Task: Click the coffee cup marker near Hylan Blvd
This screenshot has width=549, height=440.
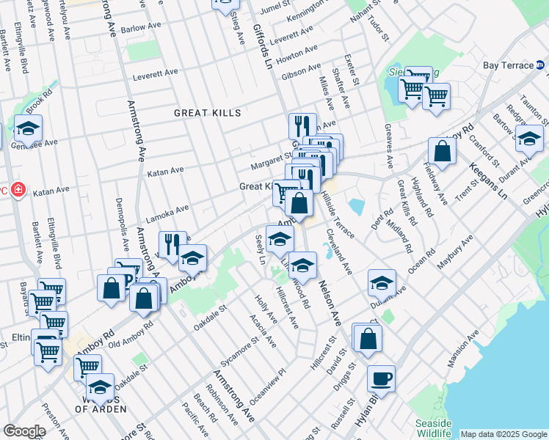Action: (x=381, y=379)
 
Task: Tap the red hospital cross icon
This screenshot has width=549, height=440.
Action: (x=18, y=192)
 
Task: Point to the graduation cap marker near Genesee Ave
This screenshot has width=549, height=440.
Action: (x=28, y=129)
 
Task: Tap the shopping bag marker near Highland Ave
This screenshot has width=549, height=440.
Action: (x=442, y=152)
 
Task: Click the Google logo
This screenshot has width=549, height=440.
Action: (x=24, y=431)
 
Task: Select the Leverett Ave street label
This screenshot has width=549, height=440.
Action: (x=156, y=76)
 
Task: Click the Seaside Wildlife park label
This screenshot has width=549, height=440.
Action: (x=432, y=428)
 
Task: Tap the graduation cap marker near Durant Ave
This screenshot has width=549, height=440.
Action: (x=382, y=282)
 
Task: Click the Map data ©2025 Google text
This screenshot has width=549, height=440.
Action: (x=503, y=434)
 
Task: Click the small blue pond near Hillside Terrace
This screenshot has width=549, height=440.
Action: (x=357, y=206)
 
